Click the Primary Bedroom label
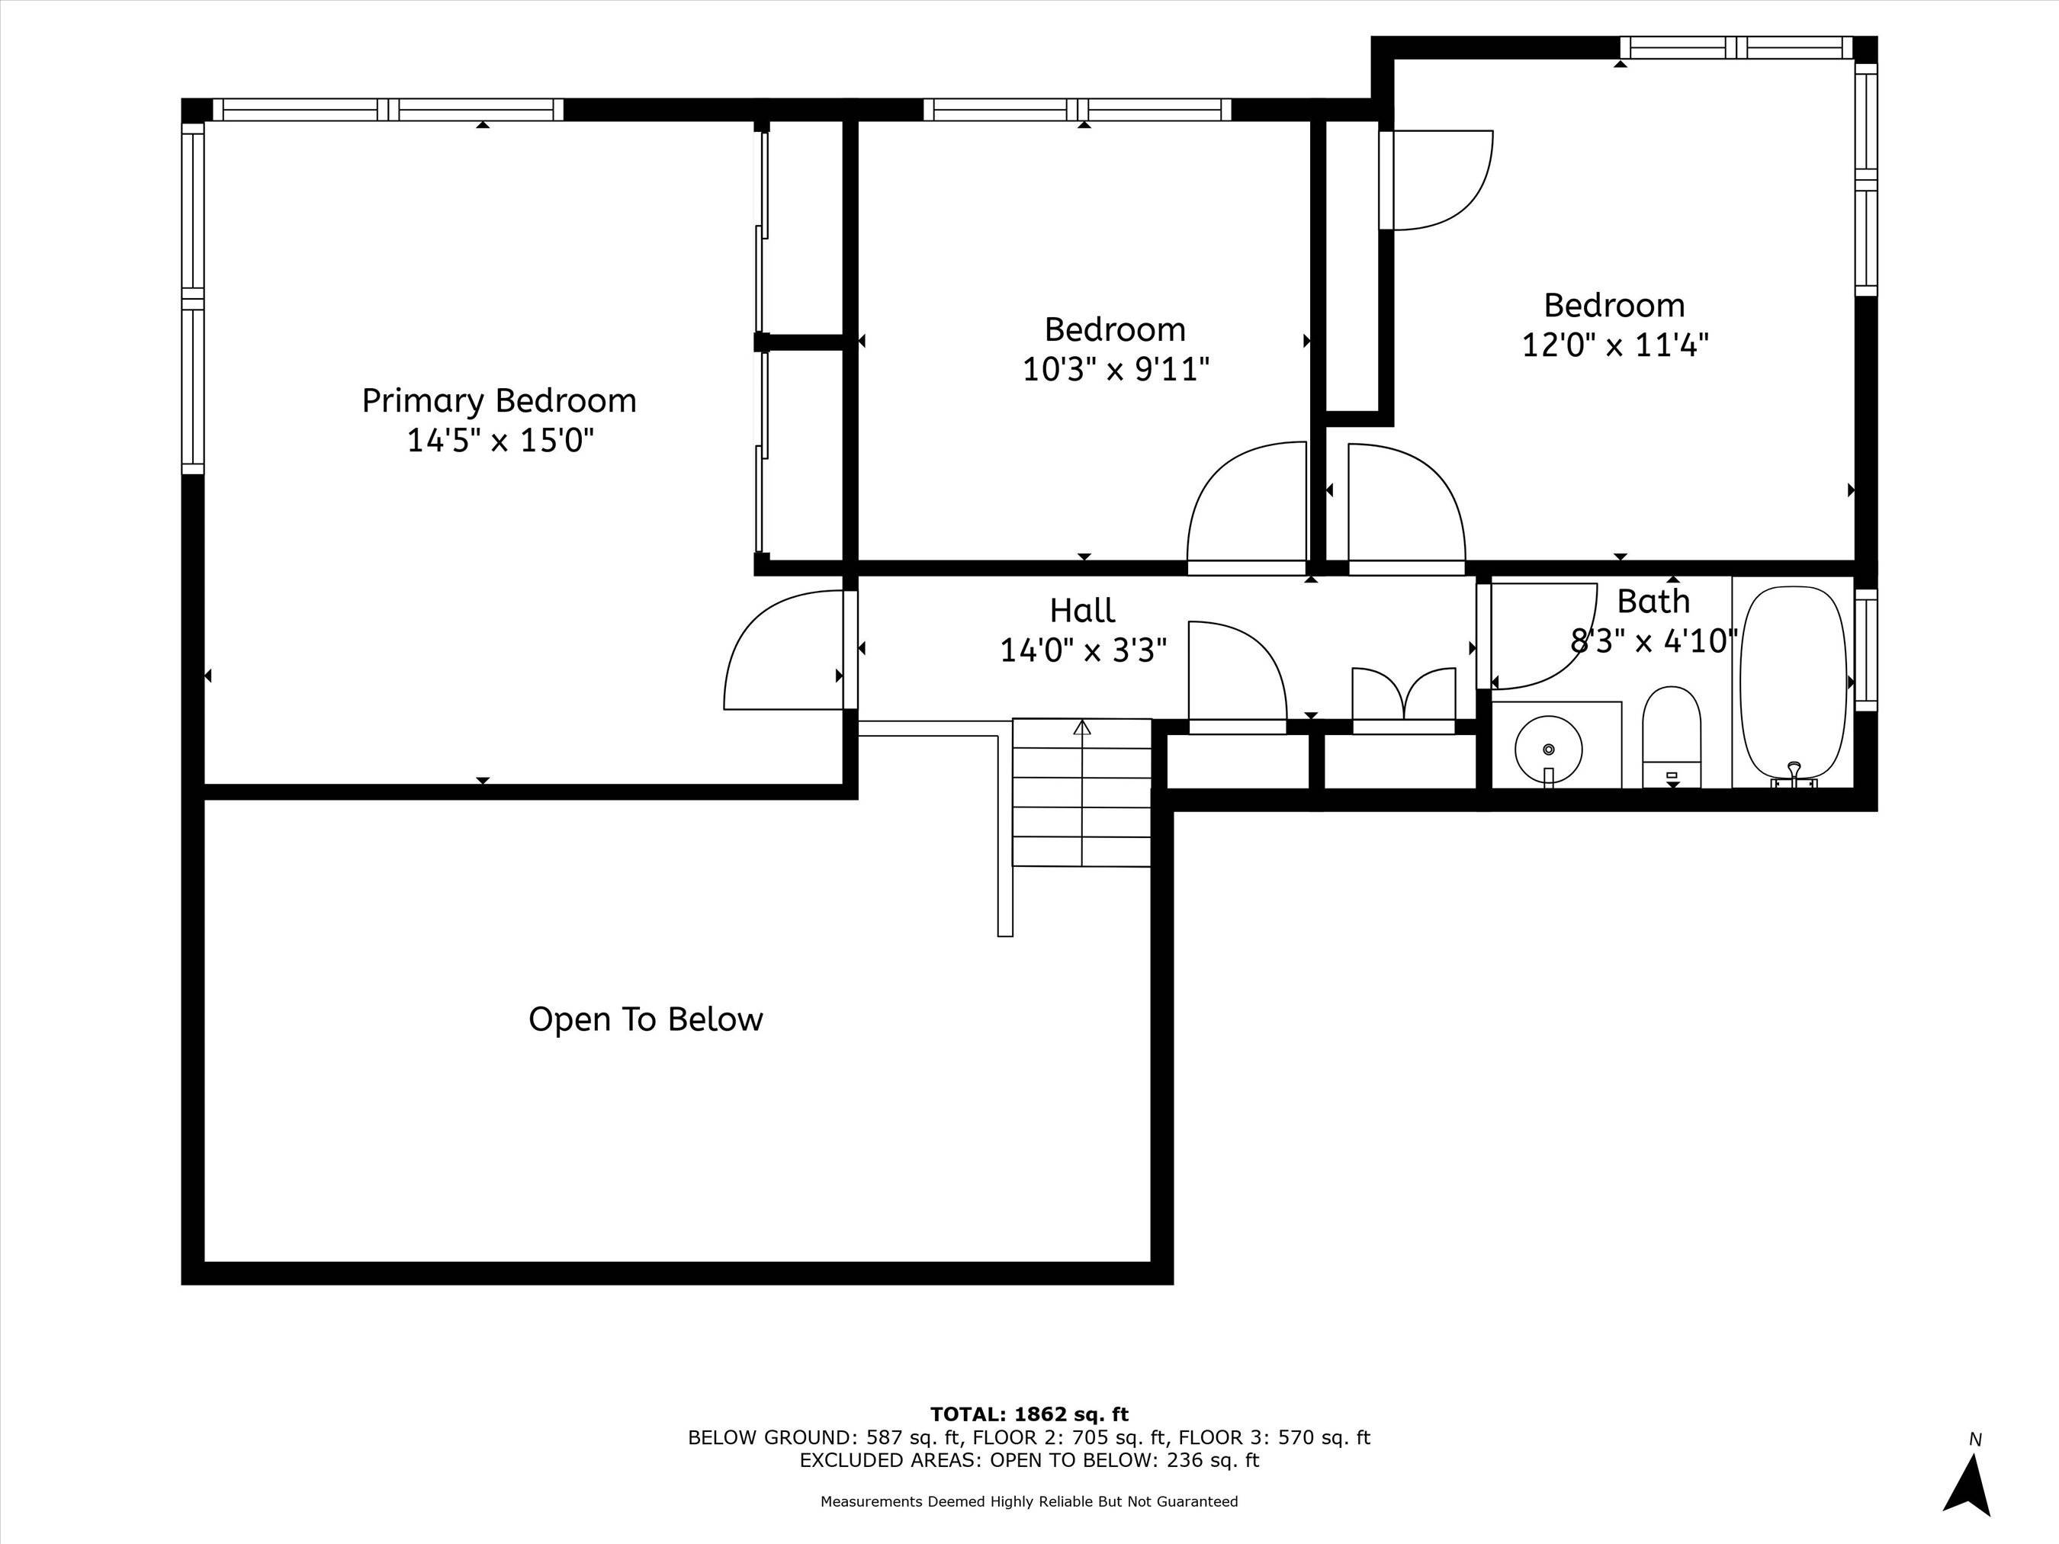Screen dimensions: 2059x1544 click(x=499, y=401)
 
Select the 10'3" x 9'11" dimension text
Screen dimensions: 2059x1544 click(x=1115, y=370)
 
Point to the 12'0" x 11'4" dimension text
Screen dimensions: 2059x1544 click(x=1614, y=345)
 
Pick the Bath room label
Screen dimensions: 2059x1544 click(x=1653, y=602)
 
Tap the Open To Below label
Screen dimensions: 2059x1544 click(x=645, y=1019)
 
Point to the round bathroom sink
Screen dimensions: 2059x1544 click(x=1548, y=750)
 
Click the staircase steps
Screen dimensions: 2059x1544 click(x=1081, y=792)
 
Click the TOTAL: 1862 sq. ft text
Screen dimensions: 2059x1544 click(x=1029, y=1414)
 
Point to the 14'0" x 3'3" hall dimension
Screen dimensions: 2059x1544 click(x=1083, y=650)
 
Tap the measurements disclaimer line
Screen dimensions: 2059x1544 click(x=1029, y=1501)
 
